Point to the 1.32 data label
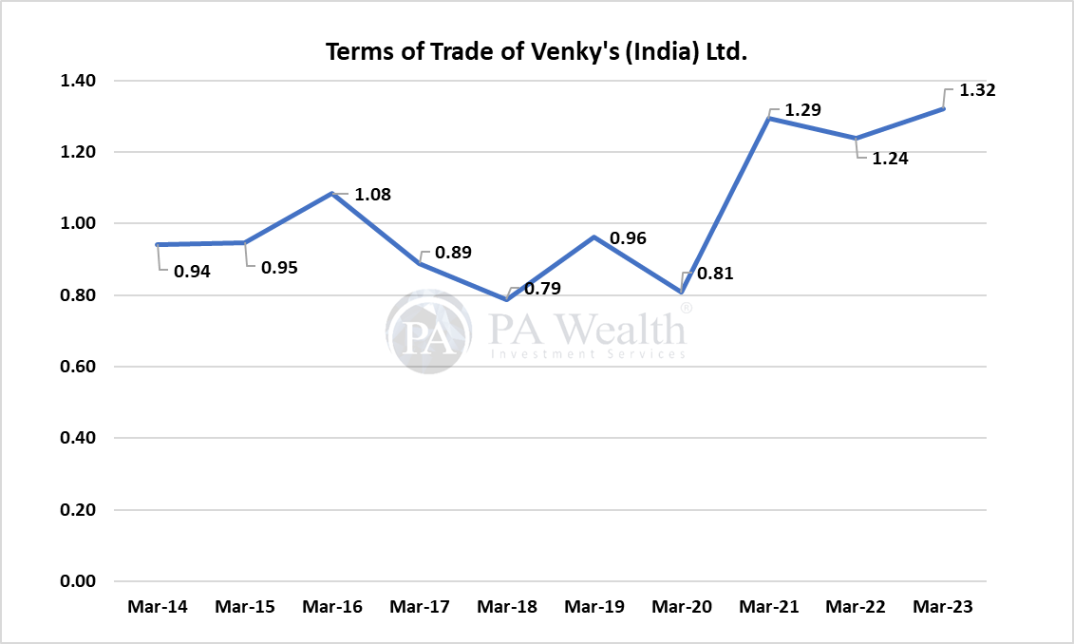point(979,91)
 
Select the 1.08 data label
point(371,195)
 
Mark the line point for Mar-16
point(331,194)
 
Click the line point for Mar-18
point(507,299)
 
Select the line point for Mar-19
point(594,237)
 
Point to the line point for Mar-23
point(943,108)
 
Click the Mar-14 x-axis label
point(157,606)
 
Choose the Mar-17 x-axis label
point(419,606)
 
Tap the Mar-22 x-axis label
point(856,606)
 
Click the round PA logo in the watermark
point(429,331)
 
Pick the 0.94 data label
point(191,272)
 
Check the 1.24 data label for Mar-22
point(890,159)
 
